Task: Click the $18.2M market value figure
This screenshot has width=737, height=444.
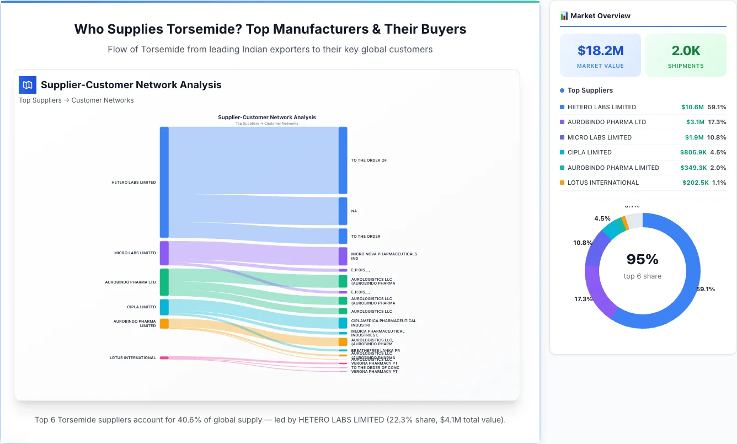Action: (x=600, y=51)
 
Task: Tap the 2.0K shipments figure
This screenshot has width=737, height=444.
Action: (x=686, y=51)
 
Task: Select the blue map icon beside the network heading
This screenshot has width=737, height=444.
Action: (x=28, y=85)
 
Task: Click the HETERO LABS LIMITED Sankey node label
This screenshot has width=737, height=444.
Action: (x=133, y=182)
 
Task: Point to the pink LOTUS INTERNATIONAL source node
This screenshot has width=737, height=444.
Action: (x=164, y=358)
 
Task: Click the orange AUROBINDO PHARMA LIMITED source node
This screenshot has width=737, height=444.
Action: (x=164, y=323)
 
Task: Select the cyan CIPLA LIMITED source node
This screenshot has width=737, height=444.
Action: (x=164, y=307)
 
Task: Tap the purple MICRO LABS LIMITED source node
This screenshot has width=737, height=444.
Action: (x=164, y=253)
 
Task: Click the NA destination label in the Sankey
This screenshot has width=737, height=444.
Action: (x=354, y=211)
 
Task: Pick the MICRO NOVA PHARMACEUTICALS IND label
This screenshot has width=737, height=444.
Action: (x=384, y=256)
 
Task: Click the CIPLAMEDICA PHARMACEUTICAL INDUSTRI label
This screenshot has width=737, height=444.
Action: (x=383, y=323)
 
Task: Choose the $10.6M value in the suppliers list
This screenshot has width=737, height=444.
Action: (x=692, y=107)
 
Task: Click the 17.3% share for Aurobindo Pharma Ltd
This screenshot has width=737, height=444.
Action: (x=718, y=122)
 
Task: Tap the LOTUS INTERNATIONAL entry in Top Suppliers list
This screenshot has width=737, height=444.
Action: (x=603, y=183)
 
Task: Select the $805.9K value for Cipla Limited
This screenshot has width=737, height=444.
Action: (x=693, y=152)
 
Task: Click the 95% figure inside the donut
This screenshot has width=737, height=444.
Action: (x=642, y=259)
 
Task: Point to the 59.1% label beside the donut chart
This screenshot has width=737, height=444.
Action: (x=706, y=289)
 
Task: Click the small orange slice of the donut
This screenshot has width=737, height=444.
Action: (x=624, y=222)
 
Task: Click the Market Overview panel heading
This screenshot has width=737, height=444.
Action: (x=600, y=15)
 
